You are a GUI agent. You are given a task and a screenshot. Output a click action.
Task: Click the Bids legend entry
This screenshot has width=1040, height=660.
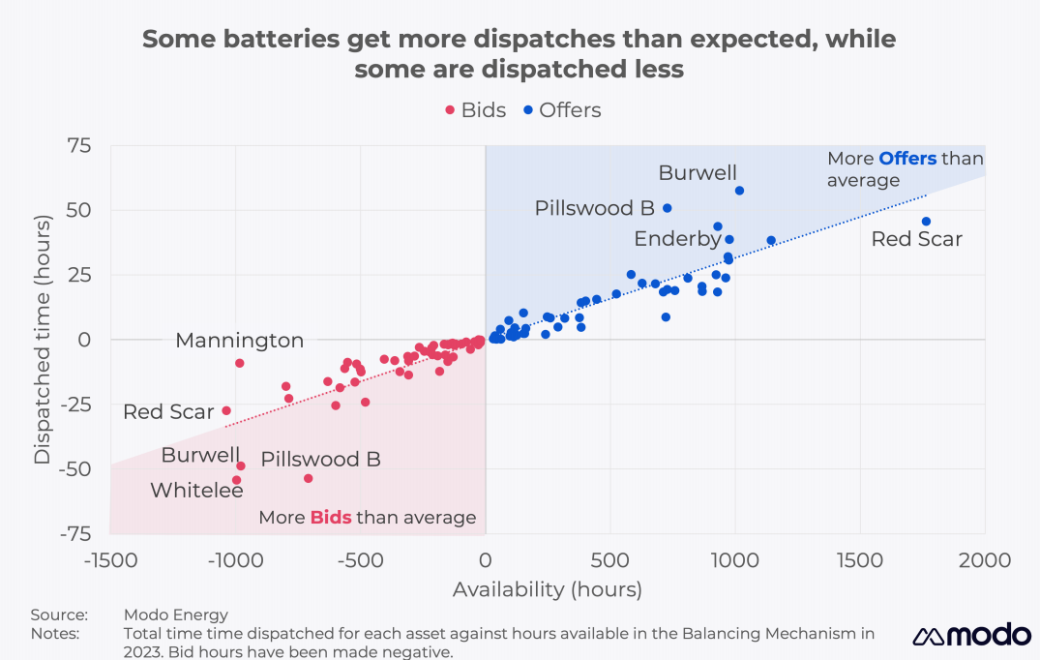click(475, 110)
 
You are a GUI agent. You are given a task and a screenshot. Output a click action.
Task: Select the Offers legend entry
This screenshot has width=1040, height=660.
click(561, 110)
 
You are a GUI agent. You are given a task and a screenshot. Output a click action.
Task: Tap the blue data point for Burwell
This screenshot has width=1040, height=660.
click(739, 191)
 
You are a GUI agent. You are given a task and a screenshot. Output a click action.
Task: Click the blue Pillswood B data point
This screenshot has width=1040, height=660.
click(667, 208)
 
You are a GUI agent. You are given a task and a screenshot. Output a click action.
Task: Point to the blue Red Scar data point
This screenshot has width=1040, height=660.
click(926, 222)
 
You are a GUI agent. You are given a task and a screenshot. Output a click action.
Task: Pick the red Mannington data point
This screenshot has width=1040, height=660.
click(240, 363)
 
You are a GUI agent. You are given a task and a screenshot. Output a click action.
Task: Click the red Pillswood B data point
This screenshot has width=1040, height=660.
click(309, 478)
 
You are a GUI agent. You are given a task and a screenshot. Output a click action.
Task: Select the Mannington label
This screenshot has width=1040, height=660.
click(239, 341)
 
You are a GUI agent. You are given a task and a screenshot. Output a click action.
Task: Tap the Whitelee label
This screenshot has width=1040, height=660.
click(196, 491)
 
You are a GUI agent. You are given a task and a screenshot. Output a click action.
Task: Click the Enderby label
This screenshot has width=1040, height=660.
click(677, 238)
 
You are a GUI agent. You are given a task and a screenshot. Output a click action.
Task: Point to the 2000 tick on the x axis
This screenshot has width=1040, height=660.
click(985, 561)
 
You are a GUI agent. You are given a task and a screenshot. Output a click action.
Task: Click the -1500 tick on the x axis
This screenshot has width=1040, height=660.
click(110, 561)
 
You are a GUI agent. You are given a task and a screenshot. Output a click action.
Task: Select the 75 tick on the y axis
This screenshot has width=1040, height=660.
click(79, 146)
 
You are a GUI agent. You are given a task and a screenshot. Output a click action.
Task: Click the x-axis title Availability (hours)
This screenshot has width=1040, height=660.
click(547, 589)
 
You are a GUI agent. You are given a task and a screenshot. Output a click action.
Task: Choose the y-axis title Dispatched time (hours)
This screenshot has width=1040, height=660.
click(43, 339)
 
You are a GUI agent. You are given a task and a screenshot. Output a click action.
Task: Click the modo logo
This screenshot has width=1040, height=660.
click(971, 635)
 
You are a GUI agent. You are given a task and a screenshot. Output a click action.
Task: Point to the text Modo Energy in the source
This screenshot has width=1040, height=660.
click(176, 615)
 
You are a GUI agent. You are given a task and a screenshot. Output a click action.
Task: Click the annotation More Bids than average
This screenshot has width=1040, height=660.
click(368, 518)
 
